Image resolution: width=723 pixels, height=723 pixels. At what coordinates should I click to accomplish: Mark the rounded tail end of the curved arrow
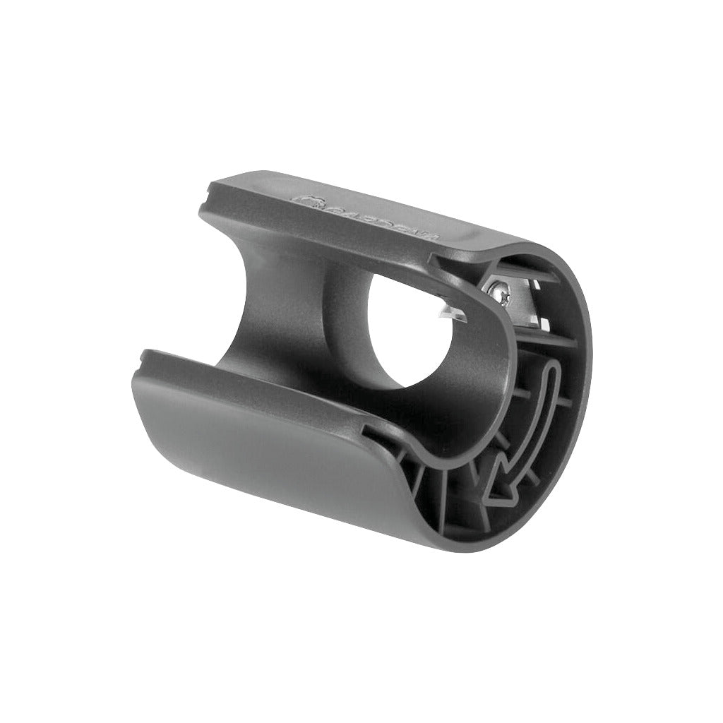(551, 371)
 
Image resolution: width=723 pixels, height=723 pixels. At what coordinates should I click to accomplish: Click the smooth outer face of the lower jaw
(268, 452)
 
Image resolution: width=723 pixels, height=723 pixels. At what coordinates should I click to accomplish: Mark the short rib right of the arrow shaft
(565, 402)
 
